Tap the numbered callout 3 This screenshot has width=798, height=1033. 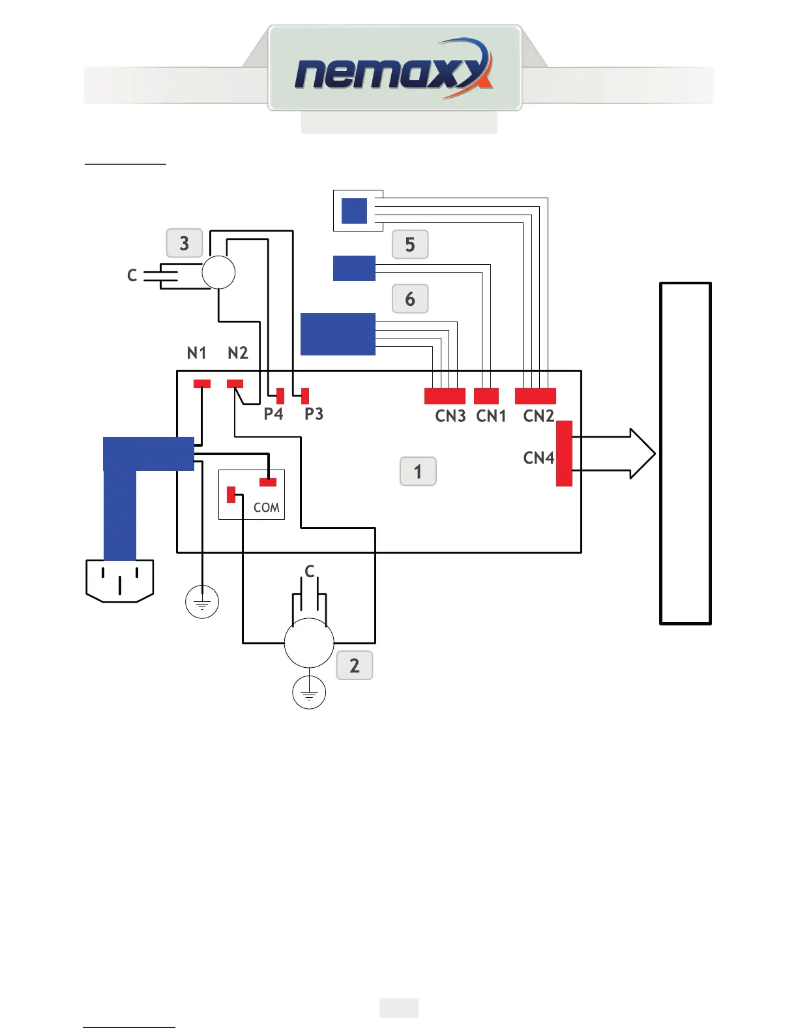(185, 243)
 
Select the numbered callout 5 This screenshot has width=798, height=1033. (410, 245)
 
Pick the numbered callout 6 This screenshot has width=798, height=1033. (410, 299)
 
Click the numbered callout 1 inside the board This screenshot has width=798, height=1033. (418, 472)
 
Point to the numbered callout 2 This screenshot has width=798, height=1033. (355, 665)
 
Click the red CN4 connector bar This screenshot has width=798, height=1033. (564, 453)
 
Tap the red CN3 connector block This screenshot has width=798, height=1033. (445, 396)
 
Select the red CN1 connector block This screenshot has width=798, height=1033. (486, 396)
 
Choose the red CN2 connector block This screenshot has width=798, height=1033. (535, 396)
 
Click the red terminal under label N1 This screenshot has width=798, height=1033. (202, 383)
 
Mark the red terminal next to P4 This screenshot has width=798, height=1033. (280, 396)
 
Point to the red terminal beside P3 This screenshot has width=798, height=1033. (305, 396)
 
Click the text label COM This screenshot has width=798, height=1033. (266, 507)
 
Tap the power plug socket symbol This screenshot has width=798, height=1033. (120, 580)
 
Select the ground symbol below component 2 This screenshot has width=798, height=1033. (309, 693)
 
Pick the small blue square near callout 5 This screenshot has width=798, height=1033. (354, 211)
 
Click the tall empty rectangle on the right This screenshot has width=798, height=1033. (685, 453)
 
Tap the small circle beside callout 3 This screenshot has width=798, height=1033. (218, 272)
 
